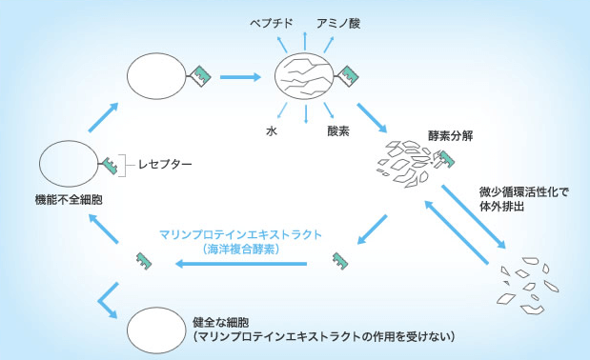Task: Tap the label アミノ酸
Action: (x=337, y=21)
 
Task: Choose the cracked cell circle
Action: (x=303, y=76)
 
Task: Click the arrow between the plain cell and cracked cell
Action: (x=239, y=76)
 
